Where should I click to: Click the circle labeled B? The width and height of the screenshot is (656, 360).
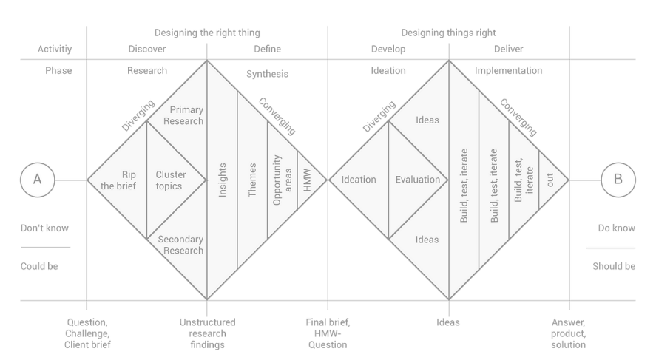click(x=618, y=180)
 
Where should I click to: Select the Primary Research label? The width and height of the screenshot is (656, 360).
click(x=183, y=115)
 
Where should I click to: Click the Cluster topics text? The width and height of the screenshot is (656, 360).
click(x=169, y=180)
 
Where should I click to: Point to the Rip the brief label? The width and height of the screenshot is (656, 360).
click(x=119, y=180)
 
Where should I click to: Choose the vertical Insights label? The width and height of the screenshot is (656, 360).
click(x=223, y=180)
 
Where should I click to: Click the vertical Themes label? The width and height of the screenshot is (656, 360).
click(x=253, y=180)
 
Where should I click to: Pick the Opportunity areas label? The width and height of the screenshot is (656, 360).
click(x=282, y=180)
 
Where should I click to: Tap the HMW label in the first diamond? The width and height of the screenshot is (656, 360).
click(x=308, y=180)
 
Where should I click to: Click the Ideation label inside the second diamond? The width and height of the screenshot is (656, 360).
click(x=359, y=180)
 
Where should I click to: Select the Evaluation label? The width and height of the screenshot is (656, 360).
click(x=418, y=180)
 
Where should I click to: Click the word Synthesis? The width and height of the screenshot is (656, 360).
click(x=267, y=75)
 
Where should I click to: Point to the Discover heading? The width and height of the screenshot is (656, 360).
click(x=146, y=50)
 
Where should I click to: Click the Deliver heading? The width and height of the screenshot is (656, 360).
click(x=509, y=50)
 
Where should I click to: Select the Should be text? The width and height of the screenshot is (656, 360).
click(x=614, y=266)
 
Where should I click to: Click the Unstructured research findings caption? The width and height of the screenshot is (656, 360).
click(x=206, y=333)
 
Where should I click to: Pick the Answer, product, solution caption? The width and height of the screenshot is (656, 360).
click(x=569, y=333)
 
